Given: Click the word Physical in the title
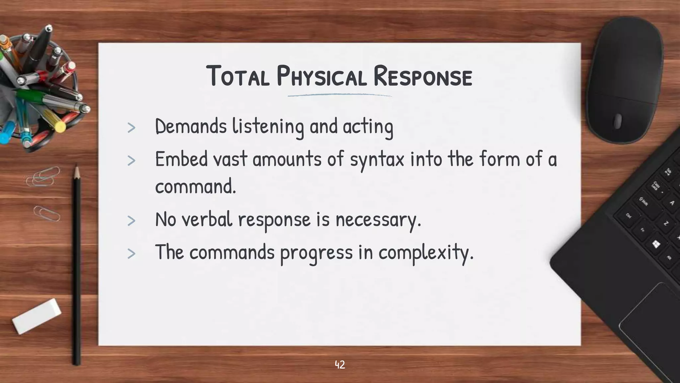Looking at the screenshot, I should coord(321,76).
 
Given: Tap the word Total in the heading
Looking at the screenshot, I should coord(238,76).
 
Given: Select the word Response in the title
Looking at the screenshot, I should coord(422,76).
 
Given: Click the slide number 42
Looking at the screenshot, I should coord(340,365).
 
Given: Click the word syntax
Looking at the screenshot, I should coord(377,160).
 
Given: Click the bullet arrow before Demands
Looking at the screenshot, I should coord(131,128).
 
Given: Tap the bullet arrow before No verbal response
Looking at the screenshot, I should coord(131,221).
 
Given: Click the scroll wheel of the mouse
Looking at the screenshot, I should coord(617,121).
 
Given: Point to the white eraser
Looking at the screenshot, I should coord(37,316).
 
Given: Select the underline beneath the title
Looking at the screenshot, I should coord(339,95).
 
